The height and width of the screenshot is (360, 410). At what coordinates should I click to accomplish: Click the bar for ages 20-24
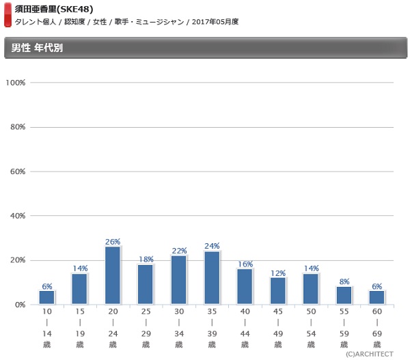pyautogui.click(x=113, y=275)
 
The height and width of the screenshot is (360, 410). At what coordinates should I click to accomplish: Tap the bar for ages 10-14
pyautogui.click(x=46, y=297)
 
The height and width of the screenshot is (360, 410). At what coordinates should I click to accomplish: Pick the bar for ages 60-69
pyautogui.click(x=377, y=297)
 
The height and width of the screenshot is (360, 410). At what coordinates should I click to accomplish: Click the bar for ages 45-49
pyautogui.click(x=277, y=290)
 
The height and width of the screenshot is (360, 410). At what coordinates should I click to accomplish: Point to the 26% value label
pyautogui.click(x=113, y=242)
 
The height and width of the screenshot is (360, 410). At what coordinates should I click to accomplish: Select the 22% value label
pyautogui.click(x=179, y=251)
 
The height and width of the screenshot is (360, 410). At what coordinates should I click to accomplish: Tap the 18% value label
pyautogui.click(x=146, y=260)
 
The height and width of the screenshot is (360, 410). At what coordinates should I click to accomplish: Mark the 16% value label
pyautogui.click(x=245, y=264)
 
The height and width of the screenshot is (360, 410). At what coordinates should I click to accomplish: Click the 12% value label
pyautogui.click(x=277, y=273)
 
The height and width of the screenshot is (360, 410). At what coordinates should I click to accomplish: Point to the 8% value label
pyautogui.click(x=344, y=281)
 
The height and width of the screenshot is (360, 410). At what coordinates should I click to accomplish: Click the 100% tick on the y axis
pyautogui.click(x=15, y=83)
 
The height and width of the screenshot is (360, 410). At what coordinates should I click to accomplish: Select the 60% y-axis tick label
pyautogui.click(x=17, y=171)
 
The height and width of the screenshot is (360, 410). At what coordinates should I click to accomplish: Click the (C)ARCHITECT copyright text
pyautogui.click(x=369, y=354)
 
